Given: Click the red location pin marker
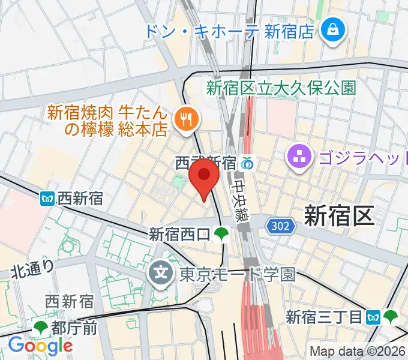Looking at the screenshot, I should pyautogui.click(x=205, y=179).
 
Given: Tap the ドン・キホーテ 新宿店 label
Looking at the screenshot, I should pyautogui.click(x=229, y=30).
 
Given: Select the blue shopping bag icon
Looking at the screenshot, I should pyautogui.click(x=331, y=29).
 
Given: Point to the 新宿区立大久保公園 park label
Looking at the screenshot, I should pyautogui.click(x=281, y=88).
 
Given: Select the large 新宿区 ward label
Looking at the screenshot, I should pyautogui.click(x=339, y=215).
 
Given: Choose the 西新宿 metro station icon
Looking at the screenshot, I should pyautogui.click(x=49, y=197).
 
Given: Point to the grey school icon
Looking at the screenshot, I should pyautogui.click(x=161, y=274).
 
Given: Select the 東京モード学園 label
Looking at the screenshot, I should pyautogui.click(x=238, y=275).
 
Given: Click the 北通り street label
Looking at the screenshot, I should pyautogui.click(x=34, y=270).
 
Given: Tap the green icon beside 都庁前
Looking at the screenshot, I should pyautogui.click(x=41, y=327).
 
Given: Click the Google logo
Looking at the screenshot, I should pyautogui.click(x=40, y=346).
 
